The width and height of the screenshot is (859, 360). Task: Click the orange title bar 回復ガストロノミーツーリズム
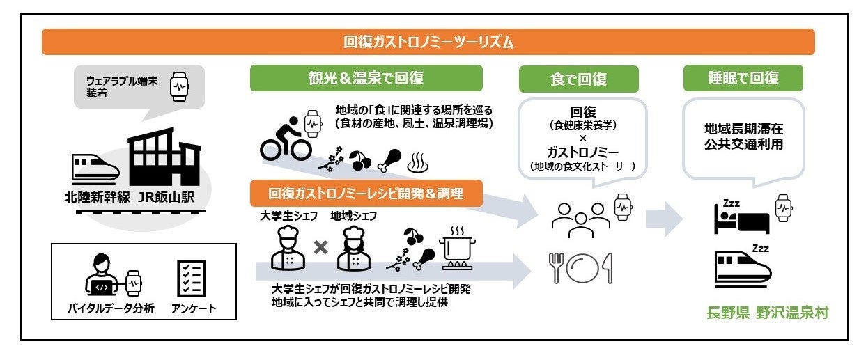point(428,42)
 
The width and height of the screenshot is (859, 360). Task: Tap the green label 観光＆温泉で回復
point(366,78)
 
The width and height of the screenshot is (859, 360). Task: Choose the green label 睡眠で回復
point(742,78)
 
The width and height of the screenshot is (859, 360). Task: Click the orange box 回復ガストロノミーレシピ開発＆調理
point(366,194)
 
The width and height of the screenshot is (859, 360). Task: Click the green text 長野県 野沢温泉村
point(766,313)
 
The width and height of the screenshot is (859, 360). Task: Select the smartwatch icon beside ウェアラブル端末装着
point(180,87)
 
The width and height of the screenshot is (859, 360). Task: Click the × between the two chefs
point(320,247)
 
